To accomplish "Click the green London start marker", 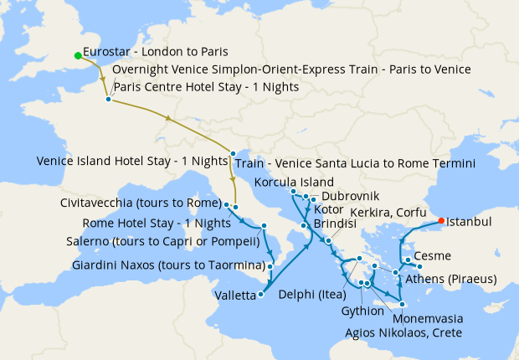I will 78,56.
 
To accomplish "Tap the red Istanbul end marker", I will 441,222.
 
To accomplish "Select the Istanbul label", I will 469,223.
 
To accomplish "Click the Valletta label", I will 238,295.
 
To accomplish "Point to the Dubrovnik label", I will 337,196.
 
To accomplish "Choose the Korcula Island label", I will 295,182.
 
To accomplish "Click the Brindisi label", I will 334,224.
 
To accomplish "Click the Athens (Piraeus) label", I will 451,278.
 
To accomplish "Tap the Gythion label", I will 363,311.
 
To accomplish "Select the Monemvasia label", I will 423,319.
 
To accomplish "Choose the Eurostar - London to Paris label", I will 156,51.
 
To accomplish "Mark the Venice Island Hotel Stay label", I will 132,160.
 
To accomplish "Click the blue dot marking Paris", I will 108,100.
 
